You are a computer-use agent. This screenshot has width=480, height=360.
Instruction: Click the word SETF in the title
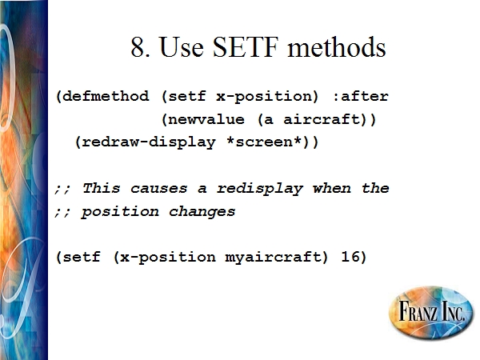pos(246,47)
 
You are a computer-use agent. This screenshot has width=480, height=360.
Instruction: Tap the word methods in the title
pos(337,47)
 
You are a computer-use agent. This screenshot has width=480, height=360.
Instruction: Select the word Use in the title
pos(182,47)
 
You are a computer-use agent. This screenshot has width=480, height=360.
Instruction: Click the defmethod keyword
pos(106,96)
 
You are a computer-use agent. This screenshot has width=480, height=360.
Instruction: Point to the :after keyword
pos(361,96)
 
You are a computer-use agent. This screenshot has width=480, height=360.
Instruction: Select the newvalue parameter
pos(206,119)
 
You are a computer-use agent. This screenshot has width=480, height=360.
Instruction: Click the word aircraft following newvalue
pos(321,119)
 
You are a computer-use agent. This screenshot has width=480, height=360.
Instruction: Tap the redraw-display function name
pos(149,142)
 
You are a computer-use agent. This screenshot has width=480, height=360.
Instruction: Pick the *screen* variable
pos(264,142)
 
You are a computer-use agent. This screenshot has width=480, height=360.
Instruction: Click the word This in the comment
pos(101,188)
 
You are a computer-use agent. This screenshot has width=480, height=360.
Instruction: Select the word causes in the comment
pos(158,189)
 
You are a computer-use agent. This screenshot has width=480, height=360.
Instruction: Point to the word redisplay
pos(260,189)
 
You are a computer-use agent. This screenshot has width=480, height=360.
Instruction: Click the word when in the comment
pos(332,188)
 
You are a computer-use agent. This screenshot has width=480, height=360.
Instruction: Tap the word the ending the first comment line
pos(375,188)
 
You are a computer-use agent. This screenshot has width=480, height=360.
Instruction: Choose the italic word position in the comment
pos(120,212)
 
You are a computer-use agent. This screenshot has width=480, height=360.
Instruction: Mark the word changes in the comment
pos(202,212)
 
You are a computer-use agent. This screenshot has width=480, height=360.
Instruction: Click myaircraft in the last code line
pos(273,257)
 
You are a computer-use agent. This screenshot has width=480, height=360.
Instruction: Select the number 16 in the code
pos(350,256)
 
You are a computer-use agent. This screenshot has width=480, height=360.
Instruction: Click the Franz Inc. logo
pos(431,312)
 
